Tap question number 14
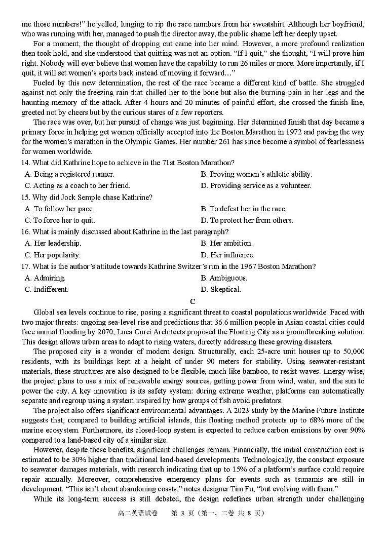click(26, 163)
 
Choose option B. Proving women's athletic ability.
click(256, 174)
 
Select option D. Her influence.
click(227, 255)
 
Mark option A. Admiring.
click(45, 278)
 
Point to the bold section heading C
click(192, 302)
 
